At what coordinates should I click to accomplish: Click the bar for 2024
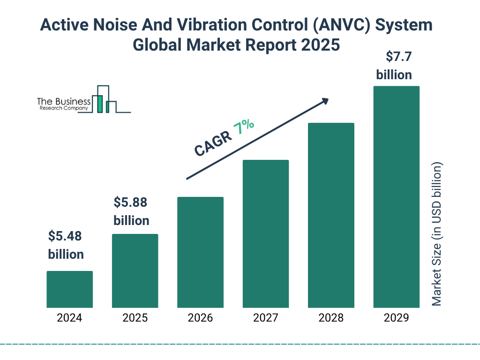coord(69,289)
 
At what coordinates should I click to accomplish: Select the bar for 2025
coord(135,270)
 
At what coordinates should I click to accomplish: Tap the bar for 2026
coord(200,252)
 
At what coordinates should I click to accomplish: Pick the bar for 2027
coord(265,233)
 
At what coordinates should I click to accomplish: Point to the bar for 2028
coord(331,215)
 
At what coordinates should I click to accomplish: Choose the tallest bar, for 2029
coord(396,197)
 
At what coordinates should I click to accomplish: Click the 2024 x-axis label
coord(69,318)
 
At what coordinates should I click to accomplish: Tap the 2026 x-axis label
coord(200,318)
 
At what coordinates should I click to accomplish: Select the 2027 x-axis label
coord(265,318)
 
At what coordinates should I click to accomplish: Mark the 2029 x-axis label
coord(396,318)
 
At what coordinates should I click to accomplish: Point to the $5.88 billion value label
coord(131,211)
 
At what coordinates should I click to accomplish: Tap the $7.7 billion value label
coord(394,66)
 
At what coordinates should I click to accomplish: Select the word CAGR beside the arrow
coord(212,143)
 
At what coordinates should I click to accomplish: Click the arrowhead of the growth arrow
coord(324,101)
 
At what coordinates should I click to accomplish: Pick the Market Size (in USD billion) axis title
coord(437,234)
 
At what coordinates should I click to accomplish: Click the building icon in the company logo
coord(105,100)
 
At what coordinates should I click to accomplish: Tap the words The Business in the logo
coord(64,102)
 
